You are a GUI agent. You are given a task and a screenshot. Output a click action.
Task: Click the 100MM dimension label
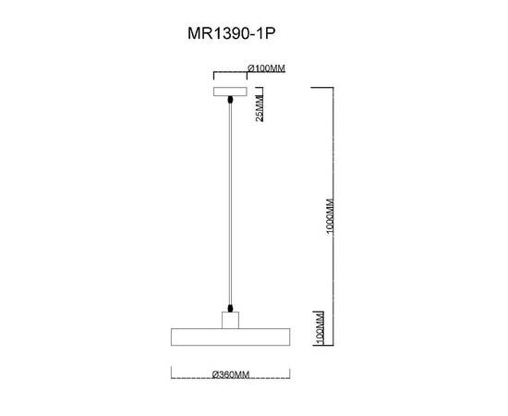319,326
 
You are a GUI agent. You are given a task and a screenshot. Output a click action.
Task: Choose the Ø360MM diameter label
230,374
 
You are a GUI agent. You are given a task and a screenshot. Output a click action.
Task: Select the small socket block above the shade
230,320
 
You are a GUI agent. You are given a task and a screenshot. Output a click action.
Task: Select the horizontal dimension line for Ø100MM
229,69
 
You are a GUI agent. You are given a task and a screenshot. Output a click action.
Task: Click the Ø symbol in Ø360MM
214,374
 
